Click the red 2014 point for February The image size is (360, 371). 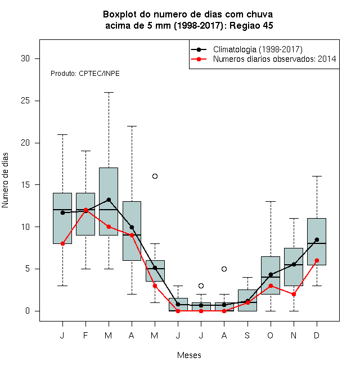[85, 210]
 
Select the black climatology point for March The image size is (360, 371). [109, 200]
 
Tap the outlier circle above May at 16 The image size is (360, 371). [155, 176]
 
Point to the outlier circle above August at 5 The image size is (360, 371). [224, 269]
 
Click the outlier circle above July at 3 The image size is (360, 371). [201, 286]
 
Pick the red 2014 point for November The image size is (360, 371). [294, 294]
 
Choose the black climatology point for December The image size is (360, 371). [317, 239]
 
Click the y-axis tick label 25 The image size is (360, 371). [25, 101]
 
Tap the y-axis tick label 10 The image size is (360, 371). [25, 227]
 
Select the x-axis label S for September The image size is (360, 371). [247, 335]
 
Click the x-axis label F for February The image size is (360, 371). [85, 335]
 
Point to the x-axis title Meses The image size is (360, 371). [189, 355]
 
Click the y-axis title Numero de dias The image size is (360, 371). [5, 180]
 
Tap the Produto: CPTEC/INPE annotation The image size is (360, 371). [85, 73]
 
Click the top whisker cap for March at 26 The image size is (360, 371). [109, 93]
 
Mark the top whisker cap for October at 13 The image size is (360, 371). [271, 201]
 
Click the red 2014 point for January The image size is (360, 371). [62, 243]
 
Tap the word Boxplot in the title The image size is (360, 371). [120, 15]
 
